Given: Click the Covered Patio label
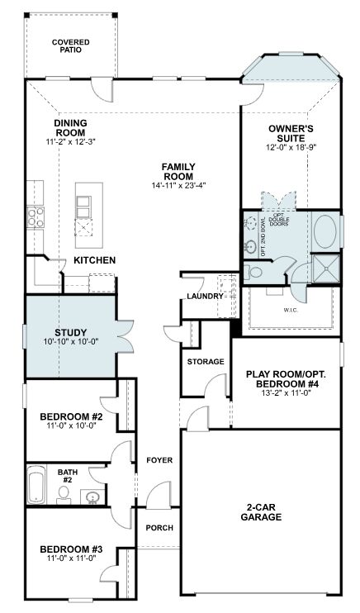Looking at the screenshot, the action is point(71,45).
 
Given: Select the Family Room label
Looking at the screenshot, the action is point(178,172).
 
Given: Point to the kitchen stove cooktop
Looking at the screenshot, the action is point(36,217).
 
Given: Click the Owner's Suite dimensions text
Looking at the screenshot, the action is point(291,147).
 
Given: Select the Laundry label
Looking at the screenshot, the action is point(205,297).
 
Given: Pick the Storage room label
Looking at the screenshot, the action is point(206,362).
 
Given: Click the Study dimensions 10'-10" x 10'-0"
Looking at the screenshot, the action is point(70,341).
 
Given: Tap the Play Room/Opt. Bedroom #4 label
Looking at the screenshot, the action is point(286,379).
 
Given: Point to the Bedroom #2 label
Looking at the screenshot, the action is point(71,416).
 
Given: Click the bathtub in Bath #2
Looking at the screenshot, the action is point(36,484).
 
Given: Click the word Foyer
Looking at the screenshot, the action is point(159,460).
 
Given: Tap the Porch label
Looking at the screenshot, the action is point(159,528).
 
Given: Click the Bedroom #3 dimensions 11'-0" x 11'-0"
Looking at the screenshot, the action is point(70,558).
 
